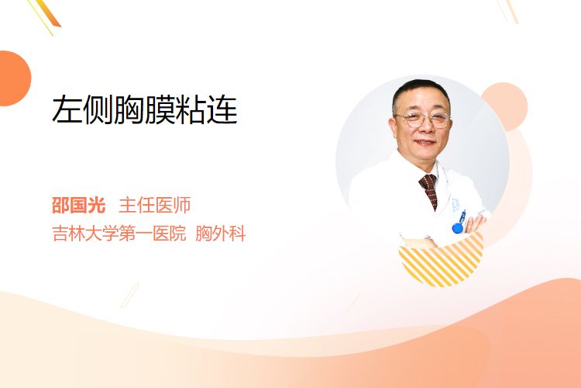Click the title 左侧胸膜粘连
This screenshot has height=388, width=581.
click(x=145, y=109)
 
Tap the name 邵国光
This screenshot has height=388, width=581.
click(x=78, y=205)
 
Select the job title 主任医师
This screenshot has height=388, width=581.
click(x=154, y=205)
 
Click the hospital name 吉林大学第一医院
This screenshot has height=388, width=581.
click(x=119, y=234)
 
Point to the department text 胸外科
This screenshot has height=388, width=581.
click(x=221, y=234)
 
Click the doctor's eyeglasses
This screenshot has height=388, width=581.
click(x=423, y=120)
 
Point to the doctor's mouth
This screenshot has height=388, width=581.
click(x=425, y=142)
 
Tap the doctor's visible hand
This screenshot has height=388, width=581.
click(x=476, y=223)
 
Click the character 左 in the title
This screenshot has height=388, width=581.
click(x=67, y=109)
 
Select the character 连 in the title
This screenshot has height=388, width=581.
click(x=222, y=109)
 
